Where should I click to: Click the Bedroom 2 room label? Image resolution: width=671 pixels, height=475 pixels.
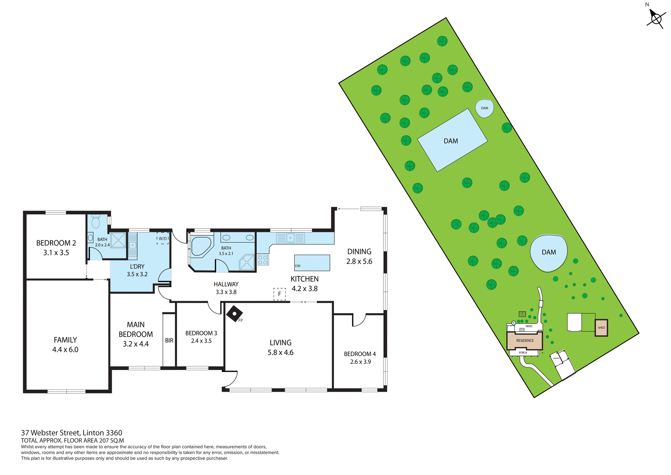pos(56,243)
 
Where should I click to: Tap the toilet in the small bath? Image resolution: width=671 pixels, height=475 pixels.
pos(95,221)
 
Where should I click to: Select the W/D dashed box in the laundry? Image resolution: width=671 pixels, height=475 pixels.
pos(163,238)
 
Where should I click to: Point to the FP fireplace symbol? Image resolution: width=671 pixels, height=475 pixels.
pos(234,314)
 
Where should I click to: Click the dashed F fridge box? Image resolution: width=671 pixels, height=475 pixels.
pos(279,294)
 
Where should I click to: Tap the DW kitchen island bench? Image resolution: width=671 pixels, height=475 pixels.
pos(312,263)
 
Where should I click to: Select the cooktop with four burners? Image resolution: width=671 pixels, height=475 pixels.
pos(263,260)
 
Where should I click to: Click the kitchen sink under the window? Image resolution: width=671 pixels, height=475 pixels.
pos(290,238)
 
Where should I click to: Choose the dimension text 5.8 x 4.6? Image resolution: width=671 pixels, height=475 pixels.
pos(280,353)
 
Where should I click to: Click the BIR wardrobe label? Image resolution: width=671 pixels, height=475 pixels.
pos(169,340)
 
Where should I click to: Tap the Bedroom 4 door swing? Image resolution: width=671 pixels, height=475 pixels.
pos(359,320)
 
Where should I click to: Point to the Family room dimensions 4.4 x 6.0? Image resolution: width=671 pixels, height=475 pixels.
pos(65,349)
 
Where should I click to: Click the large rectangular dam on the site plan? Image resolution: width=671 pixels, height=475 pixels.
pos(452,140)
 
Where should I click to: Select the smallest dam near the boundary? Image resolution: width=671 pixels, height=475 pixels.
pos(484,108)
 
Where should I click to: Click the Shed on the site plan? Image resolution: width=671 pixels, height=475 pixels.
pos(601,328)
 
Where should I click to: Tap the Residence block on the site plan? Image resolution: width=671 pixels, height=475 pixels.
pos(525,340)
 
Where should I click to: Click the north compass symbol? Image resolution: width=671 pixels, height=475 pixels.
pos(655,18)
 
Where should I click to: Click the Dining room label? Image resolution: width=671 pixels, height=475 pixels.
pos(359,251)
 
